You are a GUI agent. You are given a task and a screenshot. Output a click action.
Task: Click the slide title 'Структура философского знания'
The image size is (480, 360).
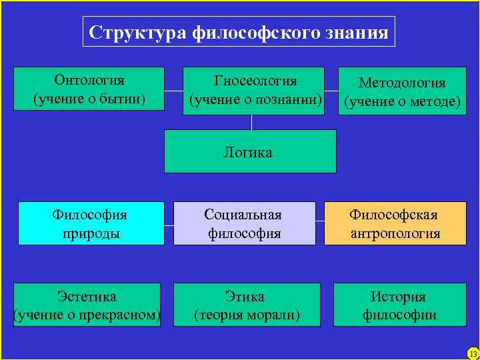239,32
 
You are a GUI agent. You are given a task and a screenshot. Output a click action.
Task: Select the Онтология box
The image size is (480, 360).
89,89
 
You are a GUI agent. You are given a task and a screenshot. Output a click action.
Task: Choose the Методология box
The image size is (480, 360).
402,92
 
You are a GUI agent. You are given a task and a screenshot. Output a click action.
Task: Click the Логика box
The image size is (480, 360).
249,152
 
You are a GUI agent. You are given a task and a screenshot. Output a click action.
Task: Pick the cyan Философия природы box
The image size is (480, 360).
91,223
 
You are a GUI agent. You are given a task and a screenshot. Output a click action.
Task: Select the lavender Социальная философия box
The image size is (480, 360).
244,223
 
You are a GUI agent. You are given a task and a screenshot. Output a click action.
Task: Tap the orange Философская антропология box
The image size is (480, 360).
395,223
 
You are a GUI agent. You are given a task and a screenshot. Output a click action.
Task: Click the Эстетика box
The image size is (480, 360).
87,305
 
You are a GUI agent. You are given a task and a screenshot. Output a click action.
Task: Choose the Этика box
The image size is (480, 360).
247,305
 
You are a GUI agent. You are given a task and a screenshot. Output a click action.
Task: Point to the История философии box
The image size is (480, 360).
399,305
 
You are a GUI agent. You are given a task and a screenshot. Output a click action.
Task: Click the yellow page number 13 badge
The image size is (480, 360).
473,353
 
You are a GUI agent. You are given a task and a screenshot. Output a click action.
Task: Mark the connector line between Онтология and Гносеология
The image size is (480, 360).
173,90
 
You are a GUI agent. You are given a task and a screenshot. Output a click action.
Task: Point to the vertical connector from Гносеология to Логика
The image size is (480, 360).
251,122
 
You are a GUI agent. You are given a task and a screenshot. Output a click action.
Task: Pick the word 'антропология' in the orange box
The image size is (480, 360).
395,233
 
